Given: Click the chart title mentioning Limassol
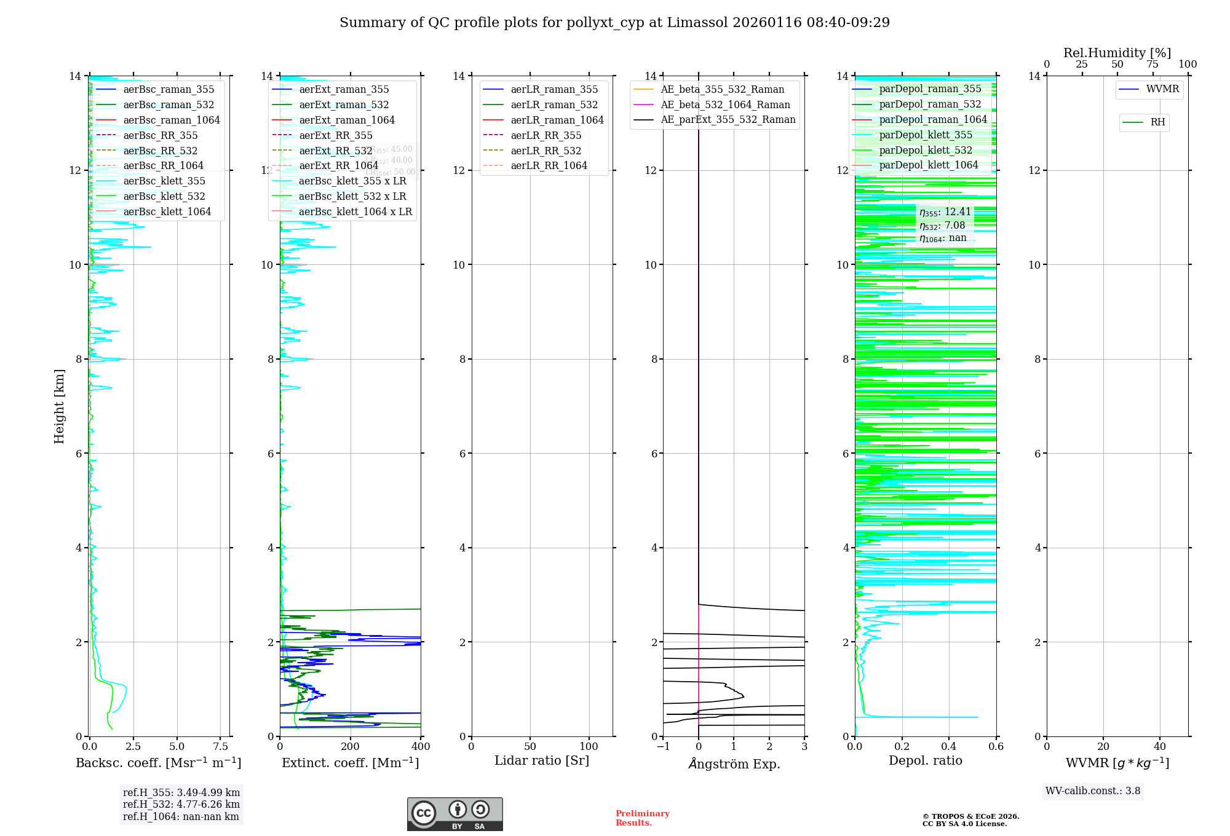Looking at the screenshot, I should pyautogui.click(x=614, y=23).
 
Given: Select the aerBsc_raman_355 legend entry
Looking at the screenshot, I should pyautogui.click(x=169, y=90).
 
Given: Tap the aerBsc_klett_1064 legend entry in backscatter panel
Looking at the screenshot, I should pyautogui.click(x=167, y=211).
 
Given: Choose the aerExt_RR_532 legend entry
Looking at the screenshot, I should pyautogui.click(x=335, y=151).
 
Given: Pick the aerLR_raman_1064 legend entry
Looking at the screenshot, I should pyautogui.click(x=557, y=120).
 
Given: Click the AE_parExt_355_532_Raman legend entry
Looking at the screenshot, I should pyautogui.click(x=728, y=120).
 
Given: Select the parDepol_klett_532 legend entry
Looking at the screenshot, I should pyautogui.click(x=925, y=150).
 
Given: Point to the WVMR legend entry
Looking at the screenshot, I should pyautogui.click(x=1162, y=89).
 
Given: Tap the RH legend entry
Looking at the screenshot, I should pyautogui.click(x=1157, y=122).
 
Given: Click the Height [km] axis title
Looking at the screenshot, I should pyautogui.click(x=59, y=406).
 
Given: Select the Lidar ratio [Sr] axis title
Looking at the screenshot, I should pyautogui.click(x=542, y=760).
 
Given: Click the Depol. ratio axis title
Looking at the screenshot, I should pyautogui.click(x=925, y=760).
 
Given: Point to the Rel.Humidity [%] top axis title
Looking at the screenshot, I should pyautogui.click(x=1117, y=53).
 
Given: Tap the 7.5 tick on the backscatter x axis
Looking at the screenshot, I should pyautogui.click(x=221, y=747).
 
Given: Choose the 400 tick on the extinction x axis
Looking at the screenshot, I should pyautogui.click(x=421, y=747).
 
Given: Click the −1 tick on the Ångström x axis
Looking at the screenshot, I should pyautogui.click(x=662, y=747).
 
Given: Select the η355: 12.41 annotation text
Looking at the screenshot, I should pyautogui.click(x=945, y=212).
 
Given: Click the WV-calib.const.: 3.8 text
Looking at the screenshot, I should pyautogui.click(x=1093, y=791).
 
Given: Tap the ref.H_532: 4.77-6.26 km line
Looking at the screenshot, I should pyautogui.click(x=181, y=804).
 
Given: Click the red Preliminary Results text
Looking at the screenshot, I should pyautogui.click(x=642, y=818).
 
